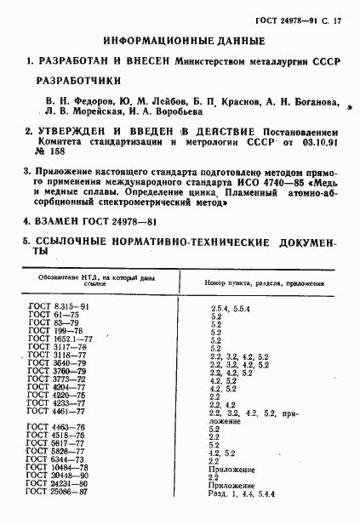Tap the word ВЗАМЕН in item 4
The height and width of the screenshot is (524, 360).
click(62, 220)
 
